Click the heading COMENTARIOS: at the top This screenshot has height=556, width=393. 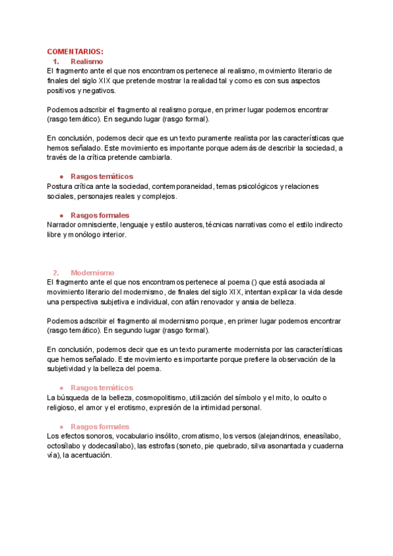(x=75, y=52)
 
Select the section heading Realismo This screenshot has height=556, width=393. (x=86, y=61)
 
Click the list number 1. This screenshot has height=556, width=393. (x=56, y=61)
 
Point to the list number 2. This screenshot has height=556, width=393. (x=56, y=272)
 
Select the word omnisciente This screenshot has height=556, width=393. (x=109, y=225)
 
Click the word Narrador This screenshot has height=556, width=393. (x=64, y=225)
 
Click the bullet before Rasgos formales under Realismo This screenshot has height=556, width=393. (x=61, y=215)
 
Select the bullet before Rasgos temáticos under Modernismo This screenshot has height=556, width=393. (x=61, y=387)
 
